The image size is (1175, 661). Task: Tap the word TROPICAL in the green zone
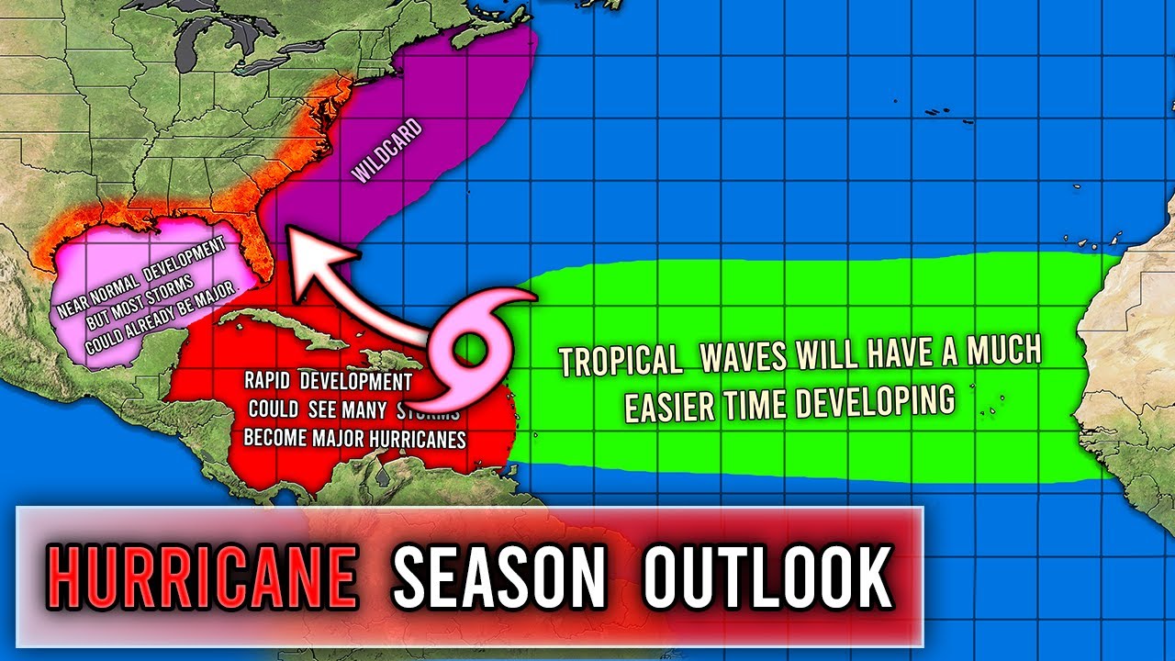[621, 359]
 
